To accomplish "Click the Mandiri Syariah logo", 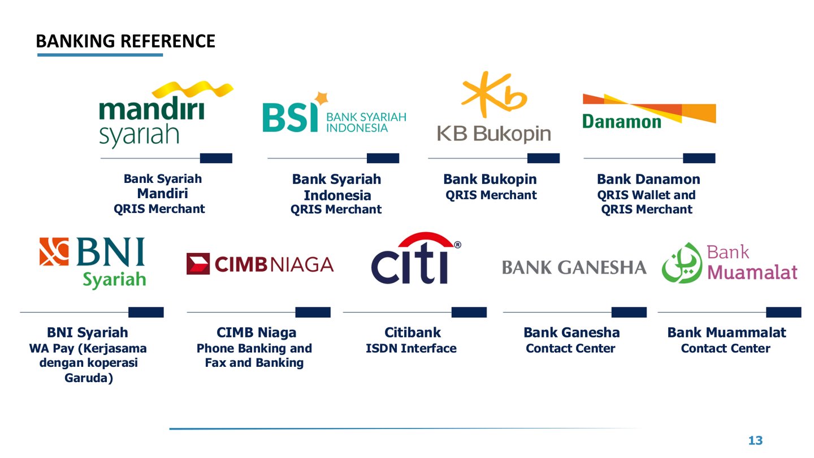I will (x=164, y=116).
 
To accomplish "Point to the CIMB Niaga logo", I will (x=260, y=264).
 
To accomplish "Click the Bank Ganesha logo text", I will (x=574, y=267).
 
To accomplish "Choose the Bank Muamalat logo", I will (x=729, y=263).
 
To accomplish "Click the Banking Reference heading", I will (x=125, y=41).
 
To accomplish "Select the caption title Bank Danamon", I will (x=648, y=179).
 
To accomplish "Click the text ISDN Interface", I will (x=411, y=349).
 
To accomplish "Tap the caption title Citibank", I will (x=413, y=332).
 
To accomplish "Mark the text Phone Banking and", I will (x=254, y=348).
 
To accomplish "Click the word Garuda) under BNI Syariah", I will (x=88, y=378).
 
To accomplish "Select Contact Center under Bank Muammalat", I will (x=725, y=349).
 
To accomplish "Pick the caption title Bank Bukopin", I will (x=490, y=179).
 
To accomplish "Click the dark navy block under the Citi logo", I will (x=469, y=312).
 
